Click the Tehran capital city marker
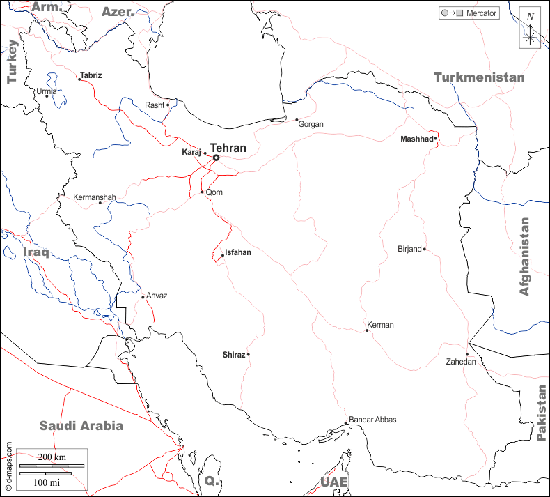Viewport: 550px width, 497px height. [216, 158]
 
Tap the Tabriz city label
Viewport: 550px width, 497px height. [91, 75]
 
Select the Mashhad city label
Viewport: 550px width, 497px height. [416, 139]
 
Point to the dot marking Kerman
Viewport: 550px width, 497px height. [367, 330]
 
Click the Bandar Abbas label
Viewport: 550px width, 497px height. [372, 420]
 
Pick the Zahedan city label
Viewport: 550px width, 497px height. [462, 362]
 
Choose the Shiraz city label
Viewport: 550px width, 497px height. [233, 355]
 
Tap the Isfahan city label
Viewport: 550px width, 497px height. [238, 253]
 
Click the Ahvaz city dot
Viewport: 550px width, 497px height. [143, 298]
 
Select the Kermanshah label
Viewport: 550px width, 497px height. [95, 198]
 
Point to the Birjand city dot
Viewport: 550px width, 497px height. [424, 249]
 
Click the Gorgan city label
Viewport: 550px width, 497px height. [311, 124]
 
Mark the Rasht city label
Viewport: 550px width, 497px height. [155, 105]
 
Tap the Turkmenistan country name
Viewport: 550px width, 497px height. [479, 77]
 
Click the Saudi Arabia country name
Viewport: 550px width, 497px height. [81, 426]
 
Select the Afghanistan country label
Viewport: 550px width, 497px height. [524, 257]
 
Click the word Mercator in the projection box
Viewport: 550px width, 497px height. [481, 13]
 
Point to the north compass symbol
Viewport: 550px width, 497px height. [531, 29]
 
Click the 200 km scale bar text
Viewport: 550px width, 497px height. [52, 457]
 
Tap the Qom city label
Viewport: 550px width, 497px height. [214, 193]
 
